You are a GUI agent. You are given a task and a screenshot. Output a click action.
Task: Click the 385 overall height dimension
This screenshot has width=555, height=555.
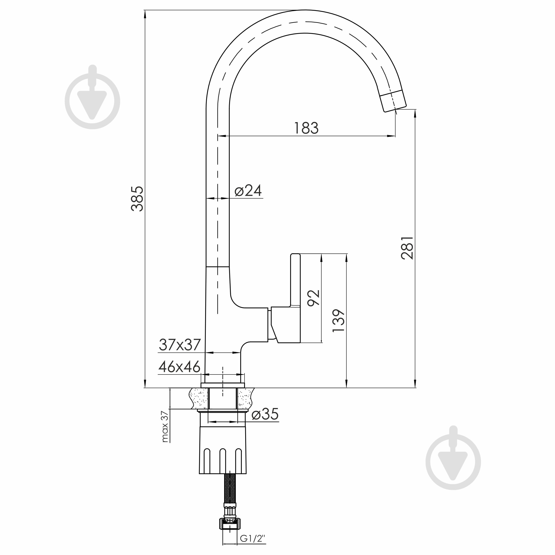coord(137,199)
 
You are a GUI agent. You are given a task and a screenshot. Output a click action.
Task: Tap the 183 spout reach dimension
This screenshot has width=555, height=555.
coord(306,128)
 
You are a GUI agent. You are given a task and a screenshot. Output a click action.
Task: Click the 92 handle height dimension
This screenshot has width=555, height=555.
coord(313,298)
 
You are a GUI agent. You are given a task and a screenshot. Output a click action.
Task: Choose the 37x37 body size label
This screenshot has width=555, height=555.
coord(180,345)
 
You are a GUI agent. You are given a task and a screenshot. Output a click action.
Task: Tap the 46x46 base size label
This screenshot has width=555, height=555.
coord(180,367)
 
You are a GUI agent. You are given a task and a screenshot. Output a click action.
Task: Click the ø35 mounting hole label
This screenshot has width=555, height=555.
coord(265,414)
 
